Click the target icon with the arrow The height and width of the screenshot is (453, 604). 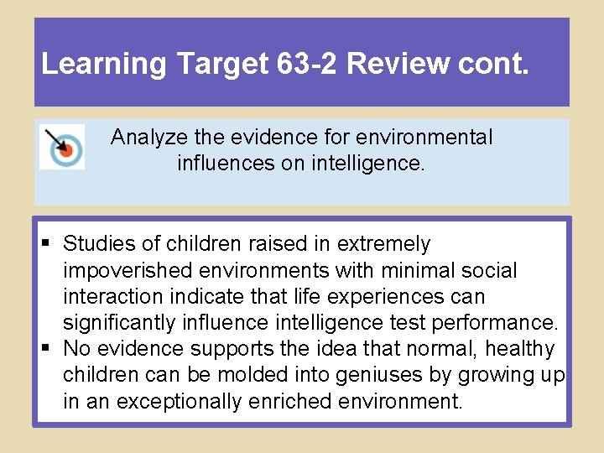(62, 147)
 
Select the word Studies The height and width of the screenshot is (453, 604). (97, 244)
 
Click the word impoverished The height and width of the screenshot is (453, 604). (126, 271)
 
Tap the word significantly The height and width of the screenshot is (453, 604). (120, 323)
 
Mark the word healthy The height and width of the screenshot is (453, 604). (519, 349)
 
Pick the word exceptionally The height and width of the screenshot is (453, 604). (180, 401)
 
